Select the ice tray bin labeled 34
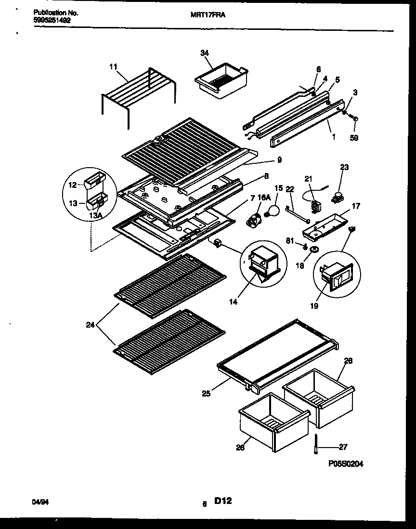pos(221,81)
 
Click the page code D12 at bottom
pos(223,502)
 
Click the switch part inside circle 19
pos(336,278)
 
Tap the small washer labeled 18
pos(315,250)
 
